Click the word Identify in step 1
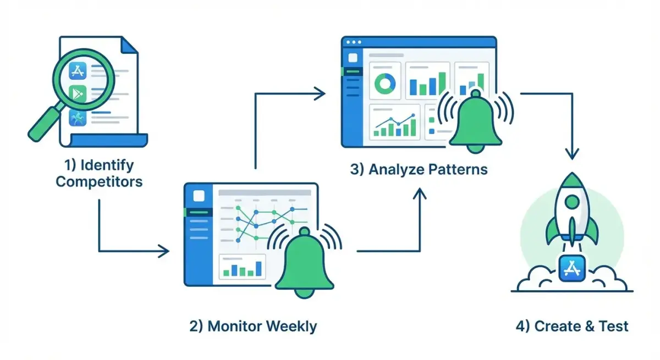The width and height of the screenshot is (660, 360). (x=107, y=165)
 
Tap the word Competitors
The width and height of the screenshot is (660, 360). (x=99, y=181)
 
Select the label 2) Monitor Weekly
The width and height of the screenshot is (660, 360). (x=253, y=326)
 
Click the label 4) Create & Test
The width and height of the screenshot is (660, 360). (x=572, y=326)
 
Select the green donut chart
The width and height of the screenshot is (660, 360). (x=385, y=84)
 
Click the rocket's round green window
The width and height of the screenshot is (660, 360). (x=571, y=202)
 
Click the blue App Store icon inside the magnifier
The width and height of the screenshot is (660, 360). (x=79, y=70)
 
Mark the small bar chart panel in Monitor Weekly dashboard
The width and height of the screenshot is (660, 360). (x=242, y=267)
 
